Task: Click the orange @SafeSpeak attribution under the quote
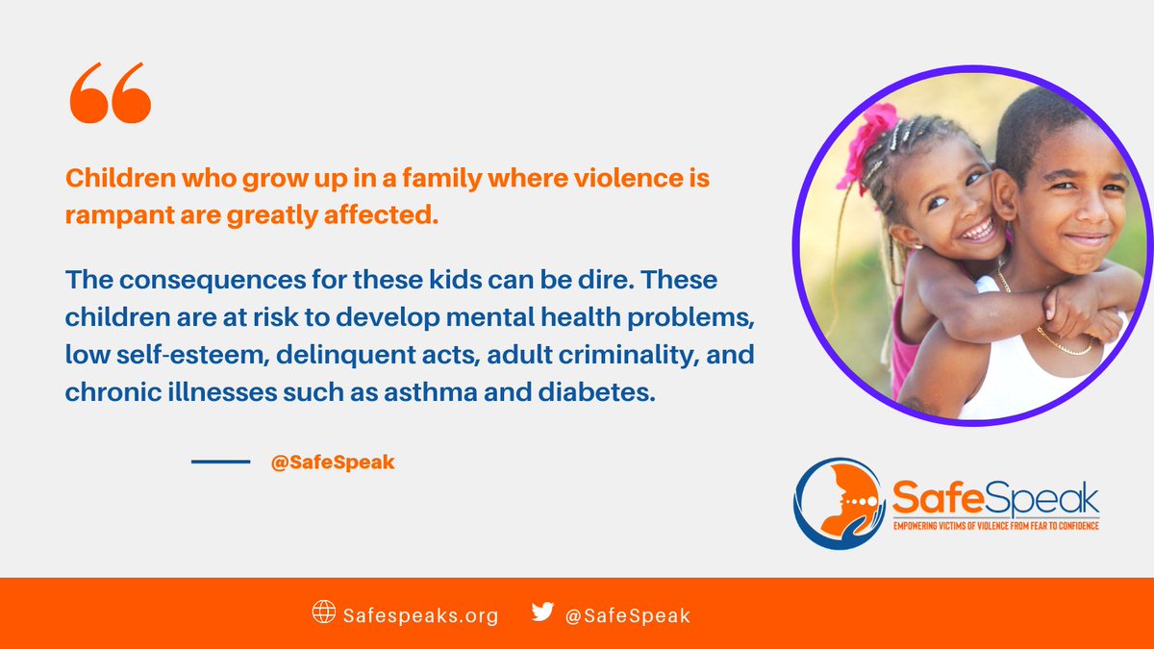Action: pyautogui.click(x=333, y=462)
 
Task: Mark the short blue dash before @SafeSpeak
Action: pyautogui.click(x=220, y=462)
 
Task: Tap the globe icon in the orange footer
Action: pyautogui.click(x=324, y=612)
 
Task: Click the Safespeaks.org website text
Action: pyautogui.click(x=421, y=615)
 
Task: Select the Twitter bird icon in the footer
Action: pyautogui.click(x=543, y=612)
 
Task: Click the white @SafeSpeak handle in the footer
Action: pyautogui.click(x=631, y=615)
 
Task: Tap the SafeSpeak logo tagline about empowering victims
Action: pyautogui.click(x=995, y=526)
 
